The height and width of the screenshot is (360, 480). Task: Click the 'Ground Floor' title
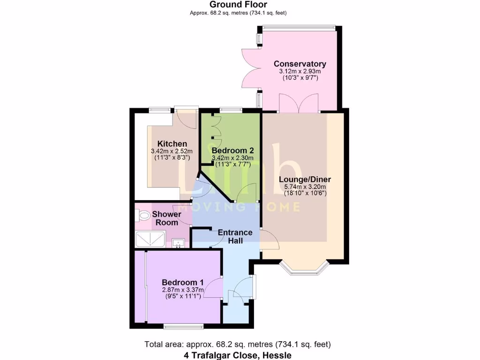pos(238,5)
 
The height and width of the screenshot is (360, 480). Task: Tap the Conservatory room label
pos(300,64)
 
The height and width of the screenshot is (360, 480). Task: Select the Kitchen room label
pos(172,143)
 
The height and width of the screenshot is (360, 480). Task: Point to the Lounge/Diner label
pos(305,180)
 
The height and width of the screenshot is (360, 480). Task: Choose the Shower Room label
pos(167,218)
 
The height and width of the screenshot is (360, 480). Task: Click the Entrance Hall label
pos(235,236)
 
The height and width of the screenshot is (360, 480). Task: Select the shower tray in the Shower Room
pos(150,239)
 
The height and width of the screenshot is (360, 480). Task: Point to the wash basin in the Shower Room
pos(178,243)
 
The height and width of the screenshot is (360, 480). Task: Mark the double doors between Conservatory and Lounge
pos(299,104)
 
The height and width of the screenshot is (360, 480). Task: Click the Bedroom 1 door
pos(215,287)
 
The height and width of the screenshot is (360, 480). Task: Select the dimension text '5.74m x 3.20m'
pos(305,187)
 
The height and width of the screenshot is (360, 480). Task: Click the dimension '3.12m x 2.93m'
pos(300,71)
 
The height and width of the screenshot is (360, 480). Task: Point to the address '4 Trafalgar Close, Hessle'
pos(238,355)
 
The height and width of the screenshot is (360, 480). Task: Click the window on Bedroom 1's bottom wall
pos(183,325)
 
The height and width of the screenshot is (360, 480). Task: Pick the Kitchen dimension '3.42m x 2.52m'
pos(172,151)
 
